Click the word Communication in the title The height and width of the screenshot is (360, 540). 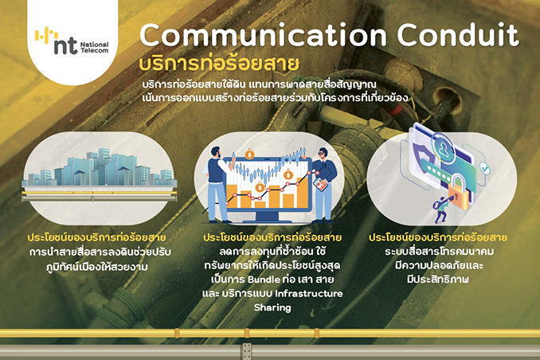click(x=263, y=35)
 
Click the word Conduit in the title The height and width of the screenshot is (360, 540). click(x=458, y=34)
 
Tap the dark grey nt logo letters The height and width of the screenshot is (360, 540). click(x=65, y=45)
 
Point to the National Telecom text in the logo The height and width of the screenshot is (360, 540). click(x=94, y=48)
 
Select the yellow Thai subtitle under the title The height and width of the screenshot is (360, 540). click(x=219, y=64)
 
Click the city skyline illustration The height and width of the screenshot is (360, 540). click(x=100, y=168)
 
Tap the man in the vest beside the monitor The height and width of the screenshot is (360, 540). click(x=219, y=184)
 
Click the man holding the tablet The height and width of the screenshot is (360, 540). click(x=323, y=184)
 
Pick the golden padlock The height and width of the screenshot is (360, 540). click(x=459, y=192)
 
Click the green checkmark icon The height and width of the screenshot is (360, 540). click(x=485, y=169)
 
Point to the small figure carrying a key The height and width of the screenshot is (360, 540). click(x=440, y=209)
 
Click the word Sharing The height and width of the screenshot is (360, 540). click(x=272, y=307)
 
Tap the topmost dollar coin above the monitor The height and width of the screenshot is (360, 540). click(x=249, y=154)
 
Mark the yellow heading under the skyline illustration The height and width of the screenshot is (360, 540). click(x=97, y=237)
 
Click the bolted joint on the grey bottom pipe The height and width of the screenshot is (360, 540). click(x=247, y=352)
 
